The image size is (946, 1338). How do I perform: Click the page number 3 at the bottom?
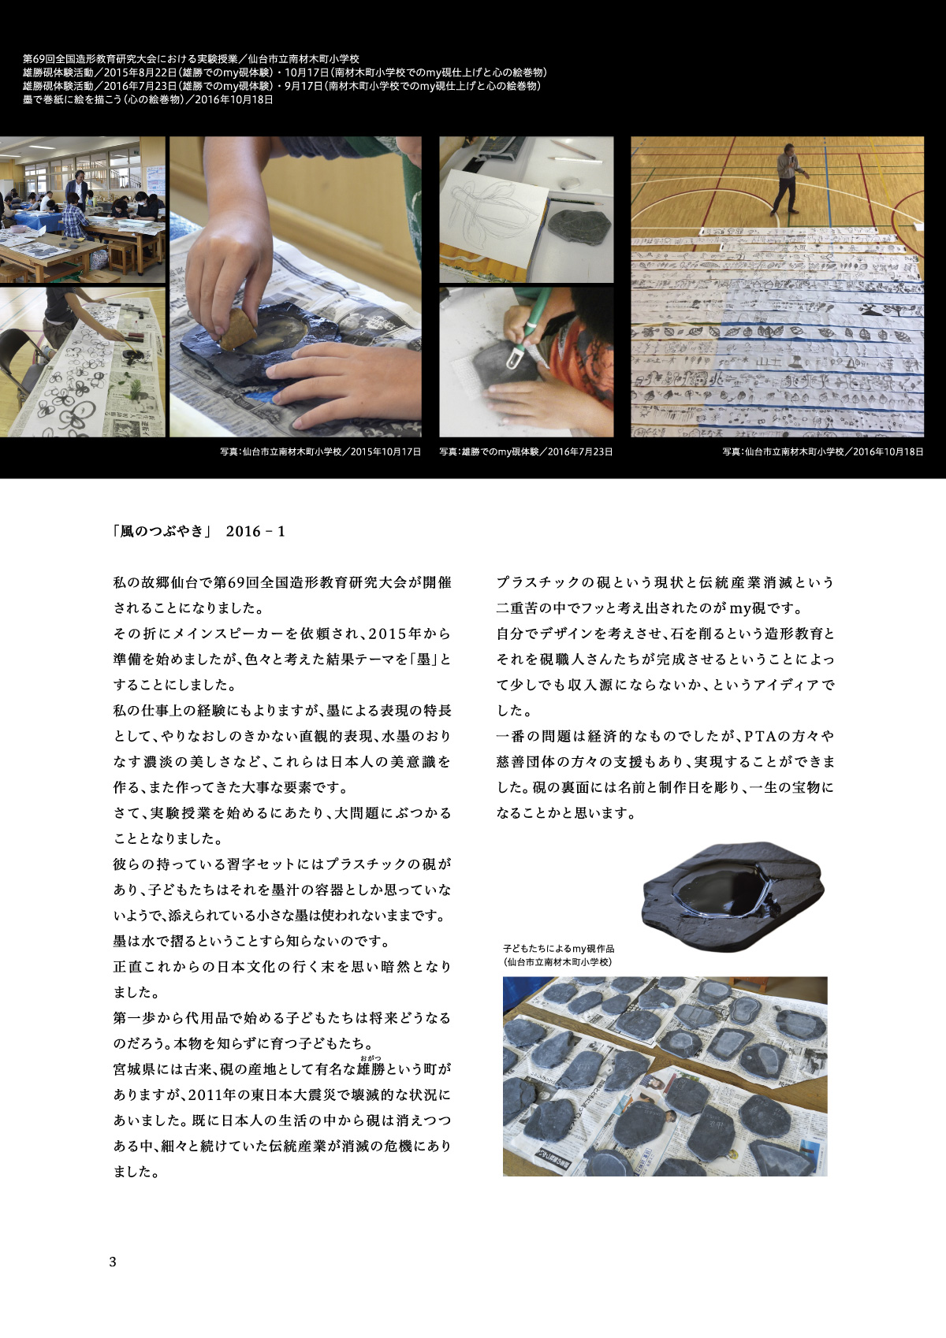coord(113,1262)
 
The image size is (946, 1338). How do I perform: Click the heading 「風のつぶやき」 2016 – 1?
coord(199,531)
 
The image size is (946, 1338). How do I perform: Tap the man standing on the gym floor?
coord(790,179)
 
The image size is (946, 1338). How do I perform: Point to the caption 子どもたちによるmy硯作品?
coord(558,948)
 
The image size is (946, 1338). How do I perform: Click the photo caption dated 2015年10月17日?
coord(320,452)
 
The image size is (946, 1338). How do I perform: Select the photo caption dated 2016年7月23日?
coord(526,452)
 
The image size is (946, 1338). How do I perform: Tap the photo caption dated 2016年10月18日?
coord(822,452)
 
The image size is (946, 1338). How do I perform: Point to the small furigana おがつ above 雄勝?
coord(370,1059)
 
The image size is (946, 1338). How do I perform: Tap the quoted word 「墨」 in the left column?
coord(423,660)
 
